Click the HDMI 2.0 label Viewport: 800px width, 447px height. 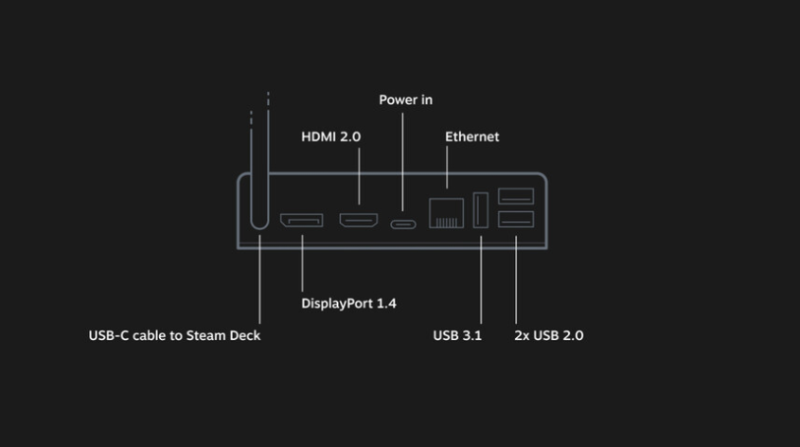coord(330,137)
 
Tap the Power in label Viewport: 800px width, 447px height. coord(406,99)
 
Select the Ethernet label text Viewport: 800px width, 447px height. coord(471,137)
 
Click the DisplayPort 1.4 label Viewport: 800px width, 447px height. coord(348,304)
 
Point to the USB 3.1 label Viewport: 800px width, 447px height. coord(457,335)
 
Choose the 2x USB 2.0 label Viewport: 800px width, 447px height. coord(548,335)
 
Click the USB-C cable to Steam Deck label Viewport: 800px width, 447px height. coord(174,335)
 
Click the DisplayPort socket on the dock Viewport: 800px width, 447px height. coord(301,221)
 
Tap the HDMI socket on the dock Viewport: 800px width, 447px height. coord(359,221)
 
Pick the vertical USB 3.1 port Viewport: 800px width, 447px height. coord(480,210)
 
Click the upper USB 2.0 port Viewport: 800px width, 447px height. coord(515,196)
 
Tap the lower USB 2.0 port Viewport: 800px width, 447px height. coord(515,220)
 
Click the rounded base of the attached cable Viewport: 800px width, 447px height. coord(260,221)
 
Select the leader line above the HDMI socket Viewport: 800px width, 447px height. coord(359,175)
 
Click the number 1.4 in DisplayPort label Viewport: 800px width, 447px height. coord(385,304)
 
